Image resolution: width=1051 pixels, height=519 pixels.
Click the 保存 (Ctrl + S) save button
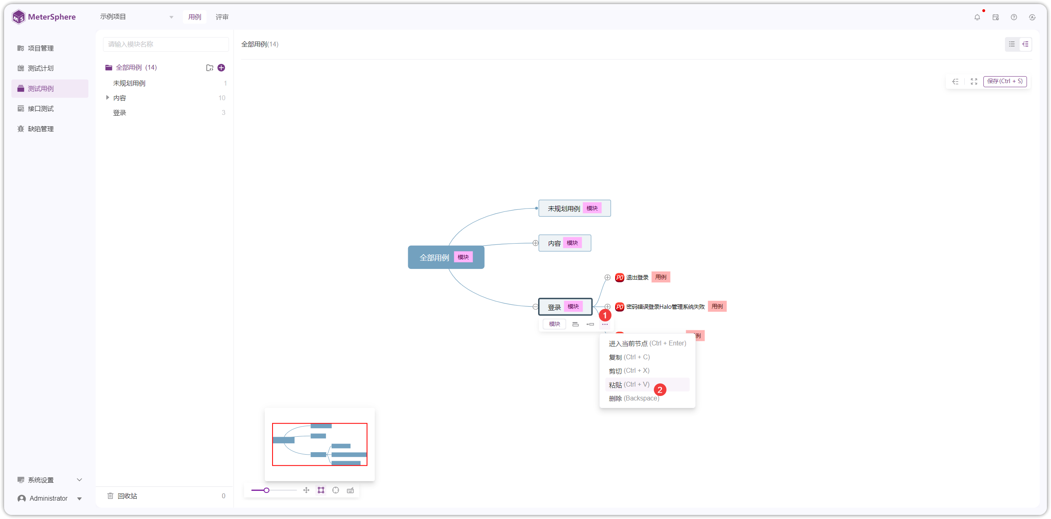point(1005,81)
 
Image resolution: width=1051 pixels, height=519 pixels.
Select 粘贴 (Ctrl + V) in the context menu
point(629,384)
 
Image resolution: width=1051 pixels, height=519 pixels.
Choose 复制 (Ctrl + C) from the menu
point(629,357)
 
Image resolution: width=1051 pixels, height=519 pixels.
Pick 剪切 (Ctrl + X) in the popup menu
point(629,370)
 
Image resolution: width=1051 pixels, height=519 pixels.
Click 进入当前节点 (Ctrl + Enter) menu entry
point(647,343)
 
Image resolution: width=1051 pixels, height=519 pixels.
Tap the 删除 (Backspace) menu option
point(633,398)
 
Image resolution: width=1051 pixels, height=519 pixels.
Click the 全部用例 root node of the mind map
point(446,257)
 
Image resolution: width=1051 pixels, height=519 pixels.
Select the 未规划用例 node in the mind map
point(574,208)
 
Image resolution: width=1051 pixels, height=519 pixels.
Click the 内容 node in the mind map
point(565,243)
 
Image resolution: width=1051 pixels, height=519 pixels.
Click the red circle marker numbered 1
point(605,315)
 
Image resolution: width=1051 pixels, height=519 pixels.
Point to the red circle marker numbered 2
point(660,390)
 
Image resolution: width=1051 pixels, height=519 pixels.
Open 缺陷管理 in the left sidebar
point(41,129)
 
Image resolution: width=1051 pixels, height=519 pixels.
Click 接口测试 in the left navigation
point(41,108)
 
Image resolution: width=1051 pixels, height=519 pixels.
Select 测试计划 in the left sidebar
point(41,68)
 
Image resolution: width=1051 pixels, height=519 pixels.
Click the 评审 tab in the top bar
point(222,17)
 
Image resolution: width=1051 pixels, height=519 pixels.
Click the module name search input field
point(166,44)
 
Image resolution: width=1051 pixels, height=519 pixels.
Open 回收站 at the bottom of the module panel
point(127,496)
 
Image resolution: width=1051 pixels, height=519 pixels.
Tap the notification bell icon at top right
point(977,17)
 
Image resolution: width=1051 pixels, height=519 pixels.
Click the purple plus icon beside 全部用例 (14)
point(221,68)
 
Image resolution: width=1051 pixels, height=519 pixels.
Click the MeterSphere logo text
point(52,17)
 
